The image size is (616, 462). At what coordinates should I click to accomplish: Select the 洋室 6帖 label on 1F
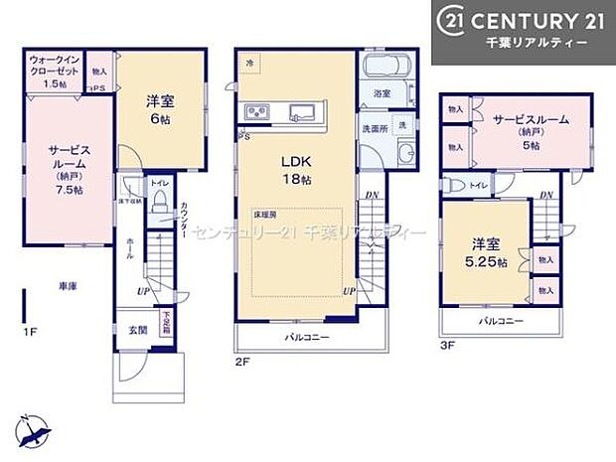(x=161, y=108)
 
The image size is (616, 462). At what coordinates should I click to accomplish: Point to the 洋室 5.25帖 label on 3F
(x=488, y=254)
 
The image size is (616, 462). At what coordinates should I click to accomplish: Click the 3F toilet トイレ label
(x=478, y=185)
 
